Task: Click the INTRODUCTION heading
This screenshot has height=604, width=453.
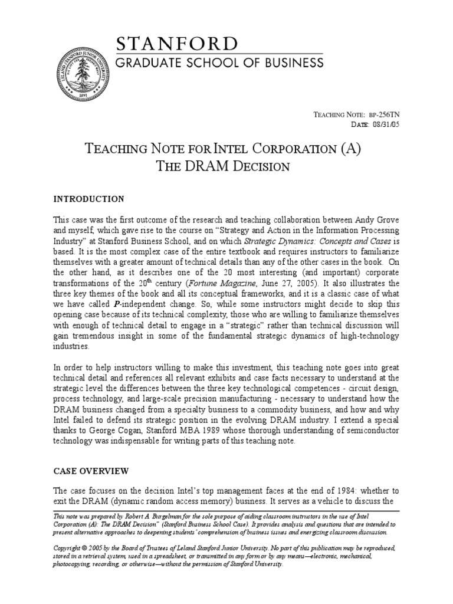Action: click(88, 199)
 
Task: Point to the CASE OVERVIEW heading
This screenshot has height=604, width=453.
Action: click(90, 471)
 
